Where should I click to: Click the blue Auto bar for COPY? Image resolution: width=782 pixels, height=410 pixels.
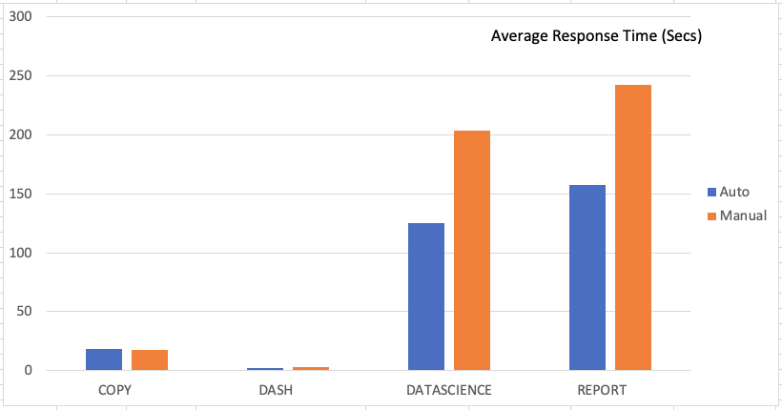tap(104, 359)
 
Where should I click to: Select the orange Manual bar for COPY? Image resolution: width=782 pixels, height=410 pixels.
tap(150, 360)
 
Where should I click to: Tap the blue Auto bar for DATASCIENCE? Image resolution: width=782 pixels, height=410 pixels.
tap(425, 297)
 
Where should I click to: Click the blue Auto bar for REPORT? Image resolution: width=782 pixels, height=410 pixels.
tap(586, 277)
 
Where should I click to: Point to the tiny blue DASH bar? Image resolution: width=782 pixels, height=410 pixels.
tap(265, 369)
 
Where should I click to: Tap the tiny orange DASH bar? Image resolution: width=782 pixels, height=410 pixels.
tap(311, 368)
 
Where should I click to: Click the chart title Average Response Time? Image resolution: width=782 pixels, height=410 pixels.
tap(596, 37)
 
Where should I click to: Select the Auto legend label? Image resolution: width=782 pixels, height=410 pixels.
tap(734, 192)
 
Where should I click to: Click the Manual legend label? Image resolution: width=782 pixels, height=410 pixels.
tap(743, 215)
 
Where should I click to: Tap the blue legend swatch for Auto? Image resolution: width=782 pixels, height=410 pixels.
tap(711, 192)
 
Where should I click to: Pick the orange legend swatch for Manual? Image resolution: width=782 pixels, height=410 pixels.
tap(711, 215)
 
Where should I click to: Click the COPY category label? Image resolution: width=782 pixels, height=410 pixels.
tap(114, 391)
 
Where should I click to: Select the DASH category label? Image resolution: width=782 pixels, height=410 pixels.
tap(276, 391)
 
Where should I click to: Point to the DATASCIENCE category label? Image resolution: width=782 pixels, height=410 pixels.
tap(448, 391)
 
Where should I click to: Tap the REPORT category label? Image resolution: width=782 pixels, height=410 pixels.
tap(602, 391)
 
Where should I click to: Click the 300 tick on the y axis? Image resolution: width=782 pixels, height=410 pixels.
tap(21, 17)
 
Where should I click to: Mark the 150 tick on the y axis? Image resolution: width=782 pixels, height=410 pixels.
tap(21, 194)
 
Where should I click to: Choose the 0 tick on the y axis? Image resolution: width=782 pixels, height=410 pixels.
tap(29, 370)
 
